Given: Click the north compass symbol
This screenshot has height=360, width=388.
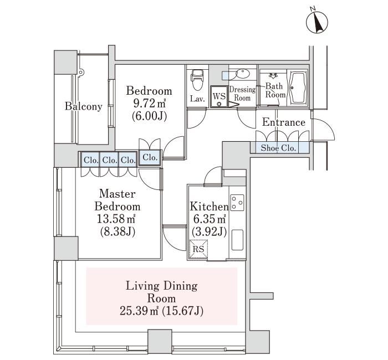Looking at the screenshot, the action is click(x=317, y=22).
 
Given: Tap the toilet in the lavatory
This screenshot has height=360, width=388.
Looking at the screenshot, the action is click(x=197, y=79).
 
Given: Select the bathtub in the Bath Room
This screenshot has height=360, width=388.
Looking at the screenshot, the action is click(x=298, y=88).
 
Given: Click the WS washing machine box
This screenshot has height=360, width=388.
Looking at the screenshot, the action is click(x=219, y=97).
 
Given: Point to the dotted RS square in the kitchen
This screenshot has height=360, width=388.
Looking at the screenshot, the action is click(x=198, y=249).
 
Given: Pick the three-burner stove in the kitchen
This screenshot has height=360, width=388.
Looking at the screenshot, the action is click(x=237, y=203).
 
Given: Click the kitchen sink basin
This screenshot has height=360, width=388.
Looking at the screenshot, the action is click(x=237, y=240).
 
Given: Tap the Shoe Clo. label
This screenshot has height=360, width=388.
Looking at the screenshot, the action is click(x=279, y=148).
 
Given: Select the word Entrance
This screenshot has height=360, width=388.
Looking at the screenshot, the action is click(x=284, y=122).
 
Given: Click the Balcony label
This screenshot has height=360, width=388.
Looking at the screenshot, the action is click(x=83, y=106).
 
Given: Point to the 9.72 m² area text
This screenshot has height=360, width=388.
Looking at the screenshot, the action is click(x=149, y=103).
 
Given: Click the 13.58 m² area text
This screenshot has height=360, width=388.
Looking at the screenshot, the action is click(x=116, y=219).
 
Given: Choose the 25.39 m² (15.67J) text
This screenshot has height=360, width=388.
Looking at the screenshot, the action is click(x=162, y=311).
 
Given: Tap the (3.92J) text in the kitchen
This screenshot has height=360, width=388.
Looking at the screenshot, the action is click(x=210, y=232).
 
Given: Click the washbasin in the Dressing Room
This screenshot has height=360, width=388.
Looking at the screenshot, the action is click(x=243, y=74).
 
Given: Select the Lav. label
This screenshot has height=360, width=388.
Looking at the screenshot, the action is click(x=197, y=99).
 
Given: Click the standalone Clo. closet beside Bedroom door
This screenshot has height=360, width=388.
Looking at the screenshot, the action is click(x=150, y=157).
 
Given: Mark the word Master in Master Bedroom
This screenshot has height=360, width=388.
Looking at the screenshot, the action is click(x=118, y=194).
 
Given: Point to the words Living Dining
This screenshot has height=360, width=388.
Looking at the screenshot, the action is click(x=162, y=286).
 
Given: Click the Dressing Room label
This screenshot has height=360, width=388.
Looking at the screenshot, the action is click(x=243, y=94).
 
